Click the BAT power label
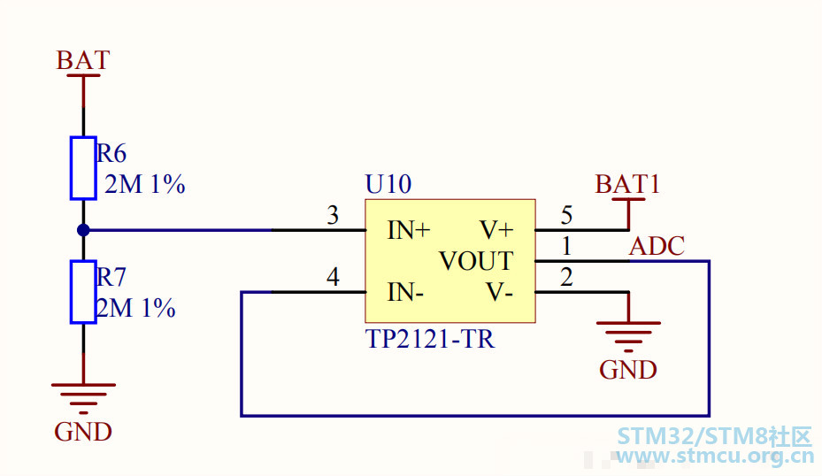pos(83,60)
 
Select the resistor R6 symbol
pos(83,168)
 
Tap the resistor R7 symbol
pos(83,292)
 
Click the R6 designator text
pos(111,153)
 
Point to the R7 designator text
pos(111,277)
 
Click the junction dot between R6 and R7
pos(83,230)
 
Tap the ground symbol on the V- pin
pos(628,336)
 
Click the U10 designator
pos(388,184)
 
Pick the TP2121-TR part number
pos(430,339)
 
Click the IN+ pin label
pos(409,230)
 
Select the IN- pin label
pos(405,292)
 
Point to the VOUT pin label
pos(476,261)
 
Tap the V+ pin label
pos(497,230)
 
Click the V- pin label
pos(500,292)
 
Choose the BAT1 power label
pos(627,184)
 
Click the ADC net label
pos(657,246)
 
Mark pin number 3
pos(333,215)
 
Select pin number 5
pos(566,215)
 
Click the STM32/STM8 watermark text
pos(714,436)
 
